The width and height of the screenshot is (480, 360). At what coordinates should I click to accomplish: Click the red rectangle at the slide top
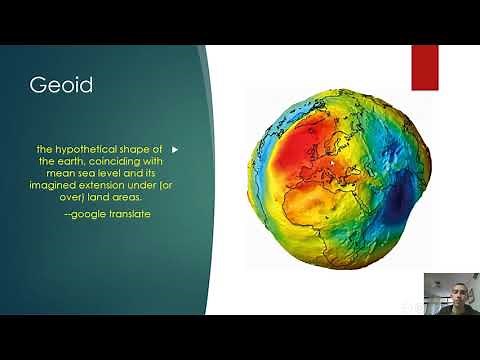(424, 66)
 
